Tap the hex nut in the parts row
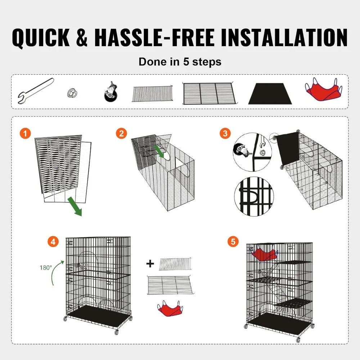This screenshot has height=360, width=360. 72,93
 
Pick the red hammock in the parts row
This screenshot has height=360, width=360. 323,91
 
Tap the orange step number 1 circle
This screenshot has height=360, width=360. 25,134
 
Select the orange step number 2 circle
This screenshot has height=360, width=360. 121,134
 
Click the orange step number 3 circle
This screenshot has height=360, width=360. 225,134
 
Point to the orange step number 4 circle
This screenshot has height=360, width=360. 53,242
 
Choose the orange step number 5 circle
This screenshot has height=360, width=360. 233,242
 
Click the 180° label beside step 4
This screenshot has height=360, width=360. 46,267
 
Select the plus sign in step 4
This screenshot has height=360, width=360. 150,264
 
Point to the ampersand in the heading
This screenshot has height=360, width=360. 82,38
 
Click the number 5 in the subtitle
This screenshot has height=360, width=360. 186,62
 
